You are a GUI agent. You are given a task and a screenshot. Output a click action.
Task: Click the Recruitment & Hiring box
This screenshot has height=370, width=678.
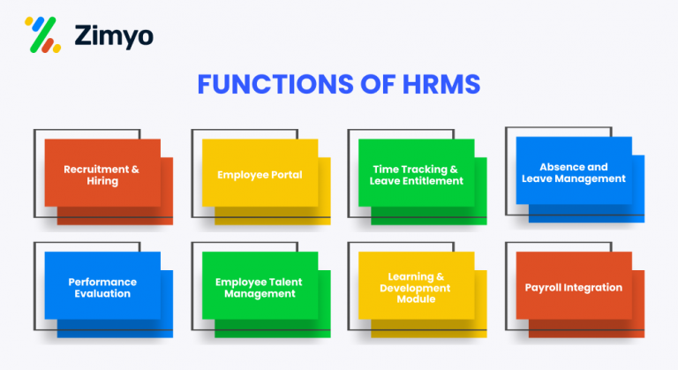102,173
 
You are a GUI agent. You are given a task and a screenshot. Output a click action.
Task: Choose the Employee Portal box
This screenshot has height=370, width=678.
260,174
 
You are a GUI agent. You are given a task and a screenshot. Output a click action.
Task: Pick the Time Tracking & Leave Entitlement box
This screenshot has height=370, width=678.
416,174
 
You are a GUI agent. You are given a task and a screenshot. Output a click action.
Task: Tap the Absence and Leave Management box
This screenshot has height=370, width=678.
573,171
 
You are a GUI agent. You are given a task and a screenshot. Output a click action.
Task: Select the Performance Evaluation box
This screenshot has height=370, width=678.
102,287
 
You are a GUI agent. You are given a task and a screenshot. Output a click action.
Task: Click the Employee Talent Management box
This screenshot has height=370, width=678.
260,287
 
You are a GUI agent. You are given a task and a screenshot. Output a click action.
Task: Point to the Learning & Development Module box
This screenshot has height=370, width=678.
416,287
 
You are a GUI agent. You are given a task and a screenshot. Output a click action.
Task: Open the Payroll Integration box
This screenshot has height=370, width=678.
573,287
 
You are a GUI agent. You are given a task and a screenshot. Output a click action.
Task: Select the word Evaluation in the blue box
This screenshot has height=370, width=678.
102,293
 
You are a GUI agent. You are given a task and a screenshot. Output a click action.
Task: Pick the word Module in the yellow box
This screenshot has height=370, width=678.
416,298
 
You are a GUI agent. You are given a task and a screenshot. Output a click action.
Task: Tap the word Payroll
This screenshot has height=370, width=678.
546,287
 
